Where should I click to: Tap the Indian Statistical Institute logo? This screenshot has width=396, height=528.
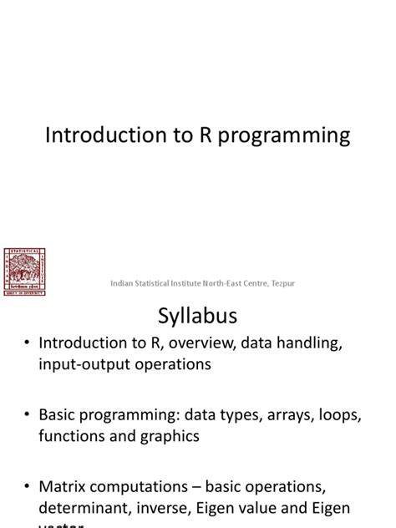pos(25,271)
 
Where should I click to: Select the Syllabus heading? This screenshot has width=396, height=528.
pos(198,317)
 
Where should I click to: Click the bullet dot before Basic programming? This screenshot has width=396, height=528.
pos(28,414)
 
